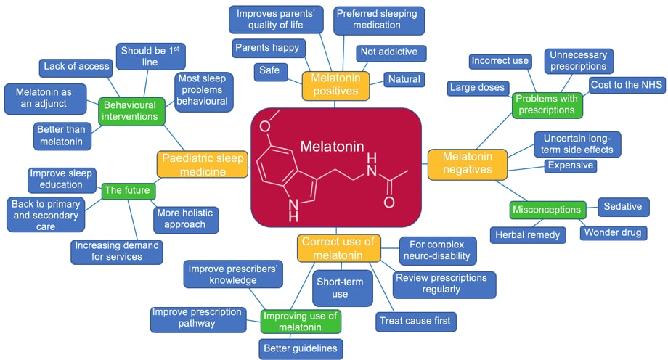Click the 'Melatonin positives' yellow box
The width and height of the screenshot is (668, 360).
pyautogui.click(x=335, y=84)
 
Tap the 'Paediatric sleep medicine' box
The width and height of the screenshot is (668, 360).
pyautogui.click(x=203, y=164)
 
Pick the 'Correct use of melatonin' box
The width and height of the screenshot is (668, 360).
pyautogui.click(x=338, y=248)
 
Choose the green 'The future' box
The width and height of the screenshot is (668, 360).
pyautogui.click(x=127, y=191)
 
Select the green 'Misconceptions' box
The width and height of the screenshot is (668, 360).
pyautogui.click(x=547, y=210)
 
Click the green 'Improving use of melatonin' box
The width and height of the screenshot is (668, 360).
pyautogui.click(x=301, y=321)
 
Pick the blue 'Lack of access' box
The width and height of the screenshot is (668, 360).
pyautogui.click(x=75, y=67)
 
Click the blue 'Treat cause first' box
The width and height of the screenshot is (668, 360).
pyautogui.click(x=414, y=320)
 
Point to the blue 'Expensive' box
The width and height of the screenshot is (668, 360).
pyautogui.click(x=570, y=165)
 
